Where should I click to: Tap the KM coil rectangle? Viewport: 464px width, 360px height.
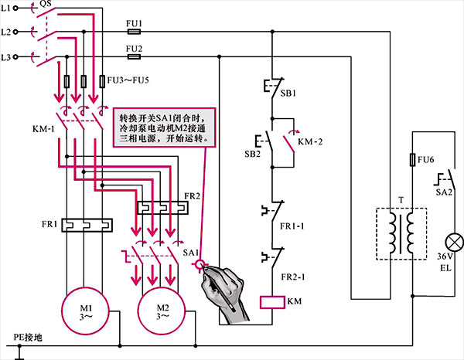point(275,301)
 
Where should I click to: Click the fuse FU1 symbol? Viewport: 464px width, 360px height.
point(134,34)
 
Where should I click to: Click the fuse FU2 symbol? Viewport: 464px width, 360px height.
point(134,57)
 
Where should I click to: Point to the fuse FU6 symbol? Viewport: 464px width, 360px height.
point(412,161)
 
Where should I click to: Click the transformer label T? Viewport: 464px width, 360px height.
point(400,199)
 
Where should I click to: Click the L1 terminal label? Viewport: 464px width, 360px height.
point(7,8)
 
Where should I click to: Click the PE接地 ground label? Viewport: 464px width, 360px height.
point(29,338)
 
